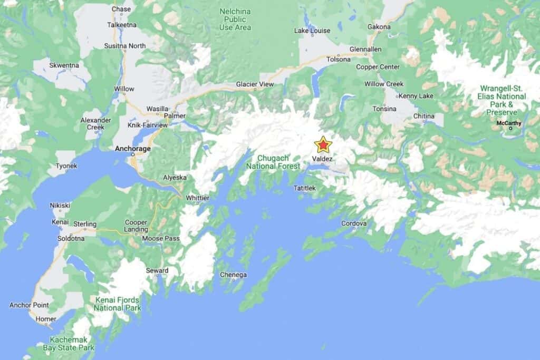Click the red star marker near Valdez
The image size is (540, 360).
point(322,144)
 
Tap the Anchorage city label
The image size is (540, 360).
point(133,149)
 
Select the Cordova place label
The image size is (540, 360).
point(353,223)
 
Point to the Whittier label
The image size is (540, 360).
point(198,198)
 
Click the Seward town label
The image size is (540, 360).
point(157,271)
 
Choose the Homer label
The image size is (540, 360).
point(46,319)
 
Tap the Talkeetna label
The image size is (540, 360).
point(122,25)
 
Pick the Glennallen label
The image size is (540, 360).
point(365,50)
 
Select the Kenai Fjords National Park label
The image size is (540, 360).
point(118,304)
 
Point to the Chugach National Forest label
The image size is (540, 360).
point(272,162)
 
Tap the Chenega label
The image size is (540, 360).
point(233,275)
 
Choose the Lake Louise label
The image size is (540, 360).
point(312,31)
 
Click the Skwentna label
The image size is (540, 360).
point(64,65)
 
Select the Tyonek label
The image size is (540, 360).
point(66,166)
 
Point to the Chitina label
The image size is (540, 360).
point(424,116)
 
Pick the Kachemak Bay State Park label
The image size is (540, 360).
point(72,344)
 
